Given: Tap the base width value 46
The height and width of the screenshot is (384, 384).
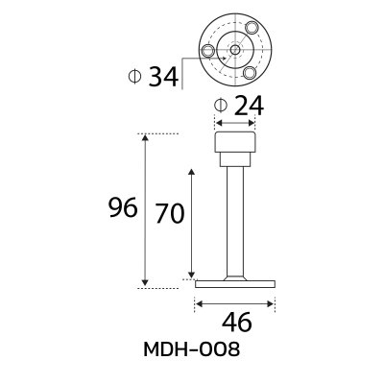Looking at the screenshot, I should (235, 322).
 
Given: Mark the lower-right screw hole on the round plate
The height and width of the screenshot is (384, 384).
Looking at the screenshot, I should (249, 70).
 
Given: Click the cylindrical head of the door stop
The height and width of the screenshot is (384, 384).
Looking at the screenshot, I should (235, 150).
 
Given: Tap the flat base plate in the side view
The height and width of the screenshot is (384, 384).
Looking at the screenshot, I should (235, 283).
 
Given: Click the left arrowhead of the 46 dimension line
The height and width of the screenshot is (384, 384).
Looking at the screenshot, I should (198, 303).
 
